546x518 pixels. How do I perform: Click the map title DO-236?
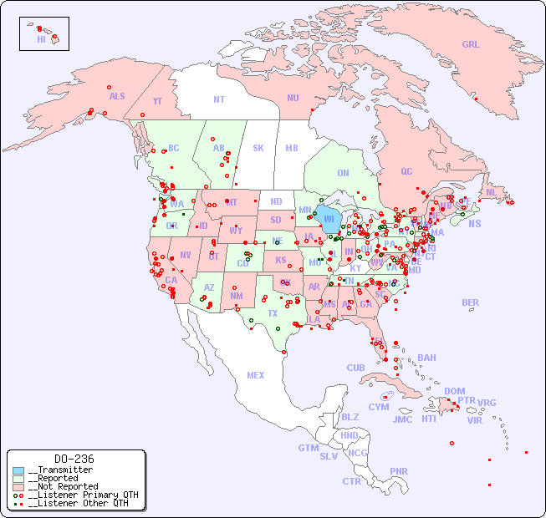pyautogui.click(x=74, y=459)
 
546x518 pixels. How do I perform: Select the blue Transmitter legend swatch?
pyautogui.click(x=18, y=470)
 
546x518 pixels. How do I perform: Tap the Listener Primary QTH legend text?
pyautogui.click(x=83, y=495)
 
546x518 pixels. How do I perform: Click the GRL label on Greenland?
pyautogui.click(x=471, y=45)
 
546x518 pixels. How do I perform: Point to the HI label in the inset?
pyautogui.click(x=41, y=39)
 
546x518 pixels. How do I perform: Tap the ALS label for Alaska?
pyautogui.click(x=117, y=96)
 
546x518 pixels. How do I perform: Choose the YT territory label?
pyautogui.click(x=157, y=101)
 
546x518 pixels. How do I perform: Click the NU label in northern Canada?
pyautogui.click(x=293, y=98)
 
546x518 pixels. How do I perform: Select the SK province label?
pyautogui.click(x=258, y=148)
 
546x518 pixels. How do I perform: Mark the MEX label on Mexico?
pyautogui.click(x=256, y=375)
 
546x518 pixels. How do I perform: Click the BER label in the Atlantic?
pyautogui.click(x=471, y=302)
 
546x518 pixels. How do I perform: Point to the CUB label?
pyautogui.click(x=355, y=368)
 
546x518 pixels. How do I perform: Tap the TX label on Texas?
pyautogui.click(x=273, y=313)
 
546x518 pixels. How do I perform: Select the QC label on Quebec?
pyautogui.click(x=406, y=171)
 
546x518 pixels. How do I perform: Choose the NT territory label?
pyautogui.click(x=219, y=99)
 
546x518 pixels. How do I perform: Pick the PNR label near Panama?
pyautogui.click(x=399, y=471)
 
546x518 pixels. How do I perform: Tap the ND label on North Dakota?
pyautogui.click(x=276, y=201)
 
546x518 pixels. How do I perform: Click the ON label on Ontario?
pyautogui.click(x=343, y=173)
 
